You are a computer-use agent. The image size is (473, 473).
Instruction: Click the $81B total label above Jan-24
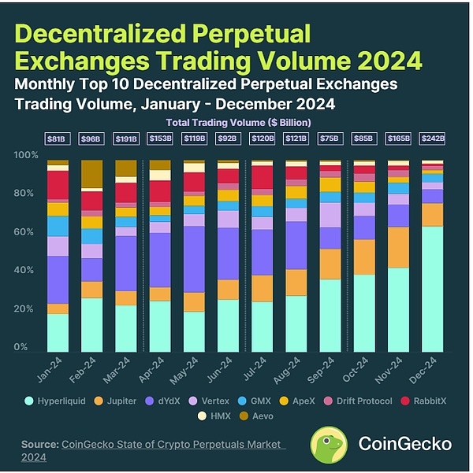pos(57,139)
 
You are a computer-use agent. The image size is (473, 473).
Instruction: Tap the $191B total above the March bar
pos(125,139)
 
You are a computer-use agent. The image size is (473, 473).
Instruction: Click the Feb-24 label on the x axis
pos(87,370)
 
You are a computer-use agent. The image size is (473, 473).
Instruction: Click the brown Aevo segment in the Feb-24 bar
pos(91,174)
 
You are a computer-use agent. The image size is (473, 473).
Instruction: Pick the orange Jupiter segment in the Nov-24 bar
pos(398,247)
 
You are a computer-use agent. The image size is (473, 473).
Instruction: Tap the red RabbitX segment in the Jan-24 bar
pos(57,184)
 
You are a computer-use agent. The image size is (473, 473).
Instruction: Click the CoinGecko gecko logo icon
pos(329,444)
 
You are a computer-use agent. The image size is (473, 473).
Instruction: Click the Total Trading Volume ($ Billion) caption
pos(238,122)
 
